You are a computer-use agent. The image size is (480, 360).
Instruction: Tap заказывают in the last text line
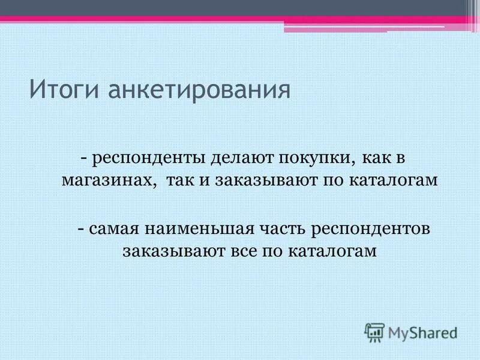173,251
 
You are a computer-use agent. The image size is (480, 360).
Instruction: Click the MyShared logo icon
374,332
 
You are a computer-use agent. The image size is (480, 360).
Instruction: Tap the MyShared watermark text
422,332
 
